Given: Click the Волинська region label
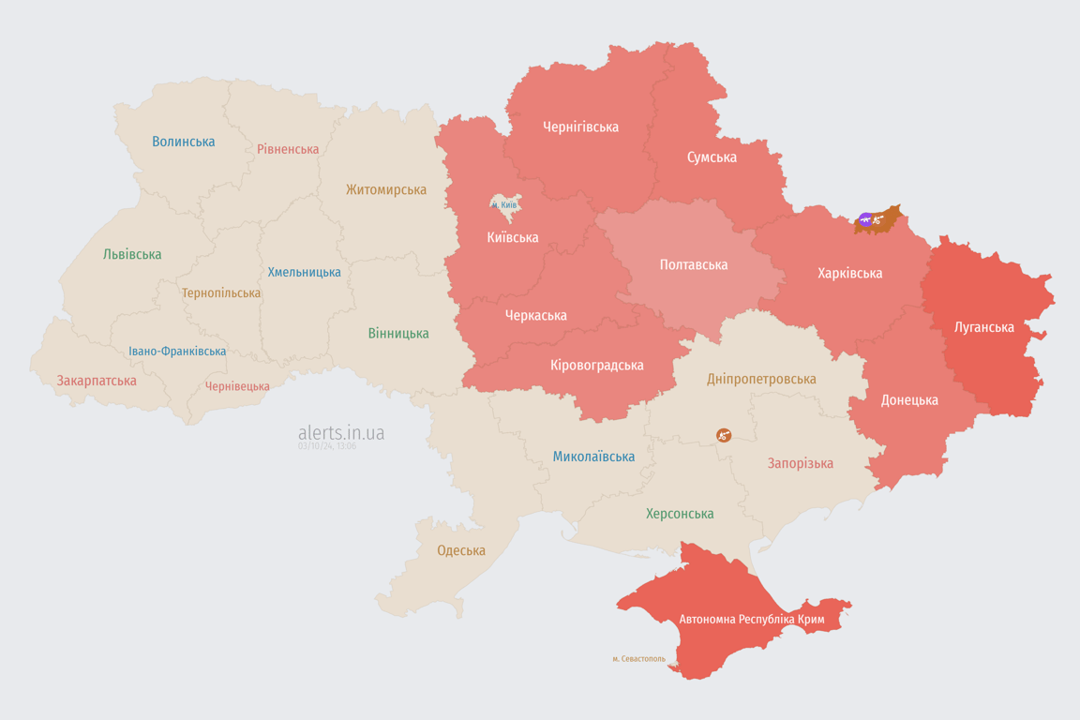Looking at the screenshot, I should (184, 142).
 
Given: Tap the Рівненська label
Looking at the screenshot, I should (288, 149).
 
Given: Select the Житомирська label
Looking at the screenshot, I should (386, 189).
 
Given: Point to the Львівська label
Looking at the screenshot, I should (132, 254).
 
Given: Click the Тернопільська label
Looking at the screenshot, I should (221, 292).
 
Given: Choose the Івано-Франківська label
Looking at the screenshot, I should (177, 352).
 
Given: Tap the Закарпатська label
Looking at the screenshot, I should (97, 381).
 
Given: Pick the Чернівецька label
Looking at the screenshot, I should (237, 386).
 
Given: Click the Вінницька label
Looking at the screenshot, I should (398, 333).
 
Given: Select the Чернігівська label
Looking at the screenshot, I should (580, 127).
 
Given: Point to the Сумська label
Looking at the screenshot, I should (712, 157).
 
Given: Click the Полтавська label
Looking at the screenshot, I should (694, 264).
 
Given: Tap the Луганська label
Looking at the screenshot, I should (984, 327).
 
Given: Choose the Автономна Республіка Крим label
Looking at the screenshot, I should (752, 620).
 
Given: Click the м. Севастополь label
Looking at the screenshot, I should (638, 659).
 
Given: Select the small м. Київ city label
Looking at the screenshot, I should (504, 204).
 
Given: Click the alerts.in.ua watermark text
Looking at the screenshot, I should (341, 432).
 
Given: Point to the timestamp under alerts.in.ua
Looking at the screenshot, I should (327, 446).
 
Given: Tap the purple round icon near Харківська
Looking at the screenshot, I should (865, 219).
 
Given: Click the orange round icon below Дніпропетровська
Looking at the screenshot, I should (723, 435).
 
